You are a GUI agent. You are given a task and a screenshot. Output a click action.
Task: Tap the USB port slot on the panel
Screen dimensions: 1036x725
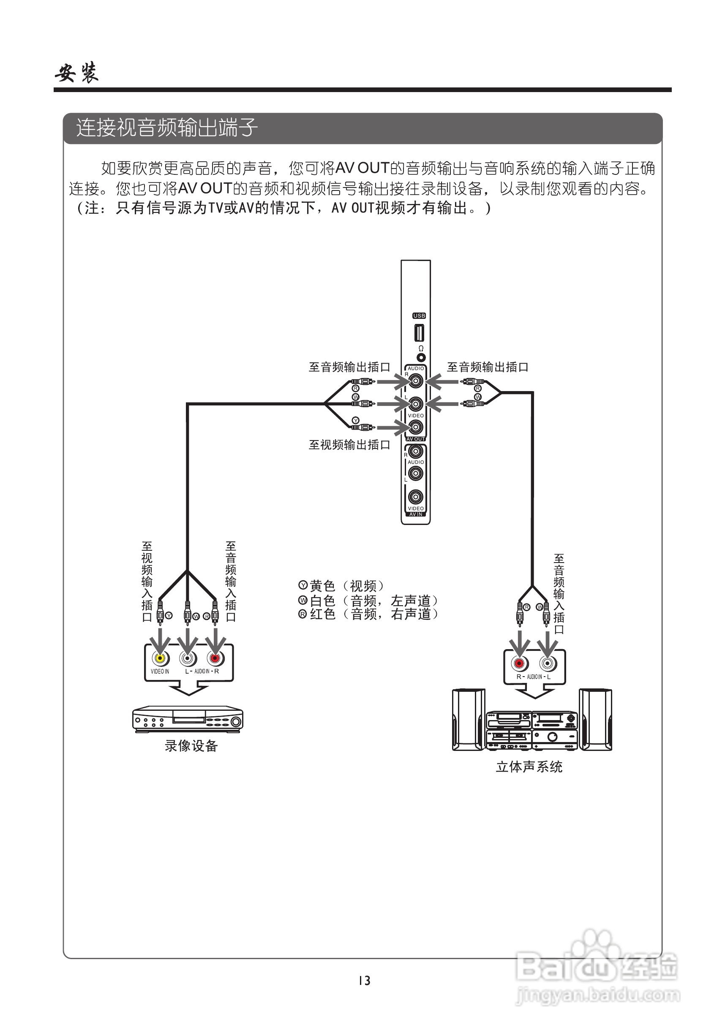click(x=418, y=333)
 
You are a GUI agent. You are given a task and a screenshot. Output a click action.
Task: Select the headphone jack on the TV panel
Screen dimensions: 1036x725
click(x=421, y=357)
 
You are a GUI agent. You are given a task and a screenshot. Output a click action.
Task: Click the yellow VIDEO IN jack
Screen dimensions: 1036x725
click(x=160, y=658)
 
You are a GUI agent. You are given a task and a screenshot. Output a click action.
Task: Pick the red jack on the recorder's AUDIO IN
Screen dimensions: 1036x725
click(x=215, y=658)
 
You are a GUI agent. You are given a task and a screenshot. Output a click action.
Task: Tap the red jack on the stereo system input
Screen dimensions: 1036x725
click(x=519, y=663)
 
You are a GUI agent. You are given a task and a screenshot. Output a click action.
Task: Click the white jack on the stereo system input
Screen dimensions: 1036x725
click(x=547, y=663)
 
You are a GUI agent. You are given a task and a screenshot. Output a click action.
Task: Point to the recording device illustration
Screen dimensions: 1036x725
click(x=187, y=719)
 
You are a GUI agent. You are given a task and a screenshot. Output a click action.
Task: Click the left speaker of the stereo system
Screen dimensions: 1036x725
click(x=469, y=720)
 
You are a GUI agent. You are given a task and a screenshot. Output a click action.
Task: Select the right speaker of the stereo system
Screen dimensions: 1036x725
click(x=595, y=720)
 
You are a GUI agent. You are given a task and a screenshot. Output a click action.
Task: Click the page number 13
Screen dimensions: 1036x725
click(x=364, y=981)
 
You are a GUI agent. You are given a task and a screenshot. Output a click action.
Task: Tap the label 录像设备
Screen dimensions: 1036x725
click(x=191, y=746)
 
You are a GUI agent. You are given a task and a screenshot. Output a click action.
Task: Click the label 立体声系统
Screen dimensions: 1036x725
click(x=529, y=767)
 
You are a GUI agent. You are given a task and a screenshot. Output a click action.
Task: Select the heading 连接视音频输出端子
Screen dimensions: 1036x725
click(x=166, y=128)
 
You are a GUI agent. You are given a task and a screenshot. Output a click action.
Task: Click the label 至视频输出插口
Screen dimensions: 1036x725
click(x=349, y=445)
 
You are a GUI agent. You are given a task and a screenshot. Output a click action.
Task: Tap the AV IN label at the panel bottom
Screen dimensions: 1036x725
click(x=415, y=514)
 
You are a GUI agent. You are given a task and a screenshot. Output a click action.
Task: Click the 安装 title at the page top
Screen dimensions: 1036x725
click(x=77, y=72)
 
